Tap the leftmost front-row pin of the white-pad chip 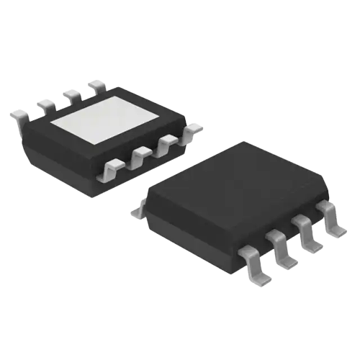[x=113, y=170]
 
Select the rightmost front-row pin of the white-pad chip [x=192, y=130]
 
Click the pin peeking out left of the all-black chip [x=138, y=210]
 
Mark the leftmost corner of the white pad [x=50, y=123]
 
